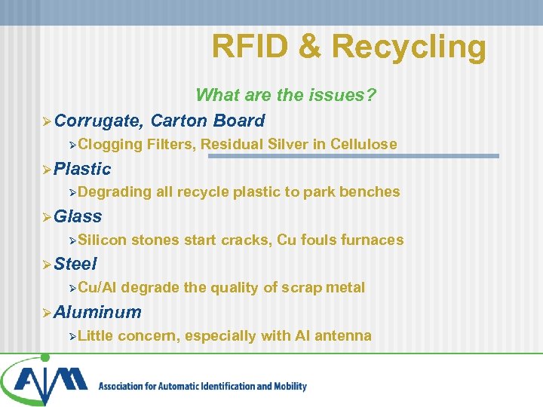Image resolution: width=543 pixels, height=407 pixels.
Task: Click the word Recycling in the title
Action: pos(409,47)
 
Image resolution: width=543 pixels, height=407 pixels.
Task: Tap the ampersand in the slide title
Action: pos(309,46)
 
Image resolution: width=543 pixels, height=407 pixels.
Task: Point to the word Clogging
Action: pos(110,144)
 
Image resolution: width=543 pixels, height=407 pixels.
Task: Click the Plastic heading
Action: pos(83,169)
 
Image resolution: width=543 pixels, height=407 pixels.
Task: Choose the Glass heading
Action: pos(78,216)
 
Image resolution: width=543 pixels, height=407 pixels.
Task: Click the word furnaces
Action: pos(373,240)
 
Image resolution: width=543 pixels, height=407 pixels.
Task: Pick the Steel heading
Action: pos(76,264)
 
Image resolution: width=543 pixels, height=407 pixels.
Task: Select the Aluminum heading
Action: pos(98,312)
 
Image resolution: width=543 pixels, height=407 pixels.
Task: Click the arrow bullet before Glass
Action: pos(47,217)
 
